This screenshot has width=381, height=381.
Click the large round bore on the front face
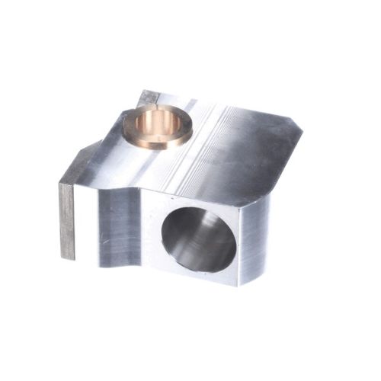200,239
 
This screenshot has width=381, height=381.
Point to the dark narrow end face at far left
67,221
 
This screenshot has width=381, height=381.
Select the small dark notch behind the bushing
148,98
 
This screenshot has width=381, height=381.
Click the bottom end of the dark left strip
68,255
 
